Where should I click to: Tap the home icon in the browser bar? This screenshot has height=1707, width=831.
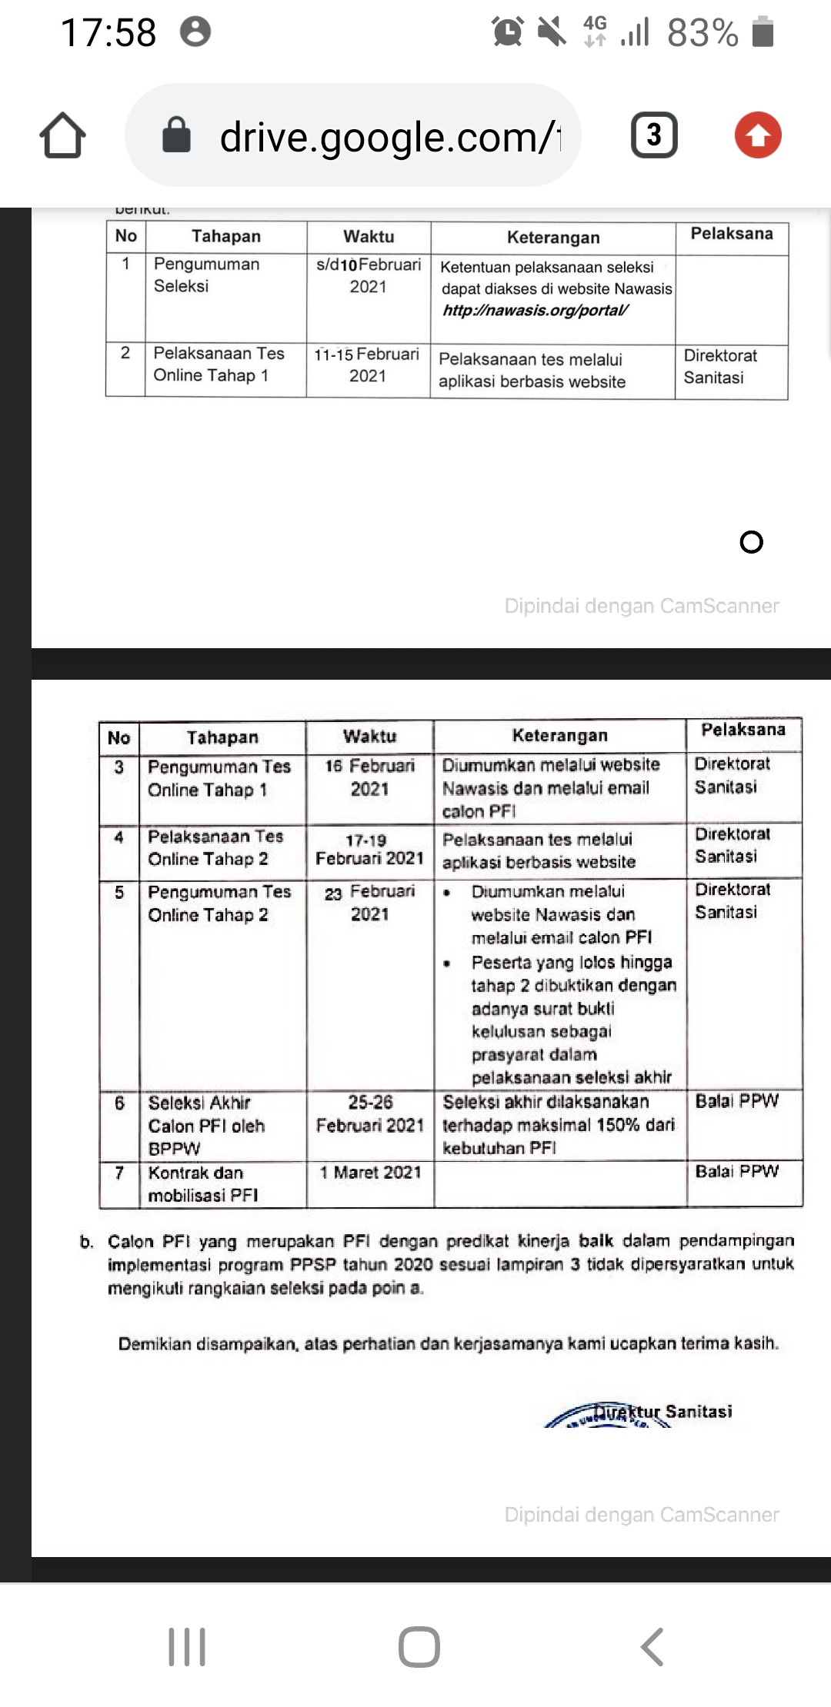(x=62, y=135)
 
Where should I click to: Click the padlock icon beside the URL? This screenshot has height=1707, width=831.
(x=176, y=135)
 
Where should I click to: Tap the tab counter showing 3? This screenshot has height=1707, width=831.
(x=654, y=135)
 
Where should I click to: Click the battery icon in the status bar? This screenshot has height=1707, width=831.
(x=763, y=32)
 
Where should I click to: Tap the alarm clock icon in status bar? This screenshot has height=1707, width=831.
(x=508, y=32)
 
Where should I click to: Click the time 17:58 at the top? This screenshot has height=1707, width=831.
(x=108, y=33)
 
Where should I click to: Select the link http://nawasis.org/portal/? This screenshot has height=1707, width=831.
(x=536, y=311)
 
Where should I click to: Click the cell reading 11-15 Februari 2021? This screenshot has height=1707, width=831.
(x=368, y=365)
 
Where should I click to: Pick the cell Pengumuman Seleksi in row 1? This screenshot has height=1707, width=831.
(x=206, y=275)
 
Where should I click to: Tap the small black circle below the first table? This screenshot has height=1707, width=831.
(x=751, y=542)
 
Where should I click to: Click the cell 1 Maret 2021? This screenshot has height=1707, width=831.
(x=370, y=1173)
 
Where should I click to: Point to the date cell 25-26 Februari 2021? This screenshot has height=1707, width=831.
(x=370, y=1113)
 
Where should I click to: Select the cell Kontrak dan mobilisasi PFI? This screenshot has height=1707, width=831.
(x=203, y=1184)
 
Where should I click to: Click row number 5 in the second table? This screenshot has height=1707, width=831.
(x=119, y=893)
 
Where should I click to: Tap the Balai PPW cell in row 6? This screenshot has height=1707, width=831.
(x=737, y=1101)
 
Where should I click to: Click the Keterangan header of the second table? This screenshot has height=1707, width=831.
(x=559, y=736)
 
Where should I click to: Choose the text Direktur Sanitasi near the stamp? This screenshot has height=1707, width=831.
(x=663, y=1412)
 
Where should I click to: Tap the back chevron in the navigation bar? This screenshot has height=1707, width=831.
(x=652, y=1647)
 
